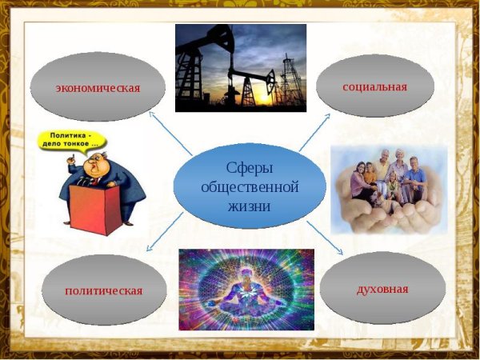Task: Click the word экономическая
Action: pyautogui.click(x=98, y=88)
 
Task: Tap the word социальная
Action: pyautogui.click(x=374, y=86)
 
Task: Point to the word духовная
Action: pyautogui.click(x=382, y=288)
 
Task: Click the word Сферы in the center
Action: pyautogui.click(x=250, y=170)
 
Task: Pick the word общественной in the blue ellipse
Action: pyautogui.click(x=250, y=187)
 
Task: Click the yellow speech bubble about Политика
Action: pyautogui.click(x=74, y=138)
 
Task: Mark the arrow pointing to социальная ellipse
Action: pyautogui.click(x=315, y=130)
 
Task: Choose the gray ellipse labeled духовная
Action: pyautogui.click(x=382, y=288)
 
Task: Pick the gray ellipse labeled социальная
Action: pyautogui.click(x=374, y=85)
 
